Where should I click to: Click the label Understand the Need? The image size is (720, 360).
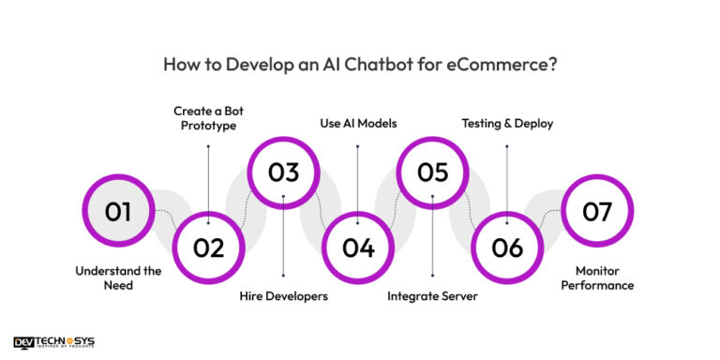click(118, 277)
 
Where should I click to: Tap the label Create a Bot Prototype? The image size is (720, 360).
click(208, 118)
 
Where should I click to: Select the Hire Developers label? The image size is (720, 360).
click(284, 296)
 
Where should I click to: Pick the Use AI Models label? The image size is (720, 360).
click(358, 124)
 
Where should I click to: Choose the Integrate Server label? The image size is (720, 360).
click(432, 296)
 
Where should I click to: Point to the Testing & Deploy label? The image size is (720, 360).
click(507, 124)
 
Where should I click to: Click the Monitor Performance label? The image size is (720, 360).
click(597, 277)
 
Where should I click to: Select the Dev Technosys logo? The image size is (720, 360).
click(53, 342)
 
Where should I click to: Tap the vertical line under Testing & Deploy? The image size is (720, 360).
click(507, 185)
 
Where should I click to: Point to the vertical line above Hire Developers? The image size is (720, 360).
click(283, 236)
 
